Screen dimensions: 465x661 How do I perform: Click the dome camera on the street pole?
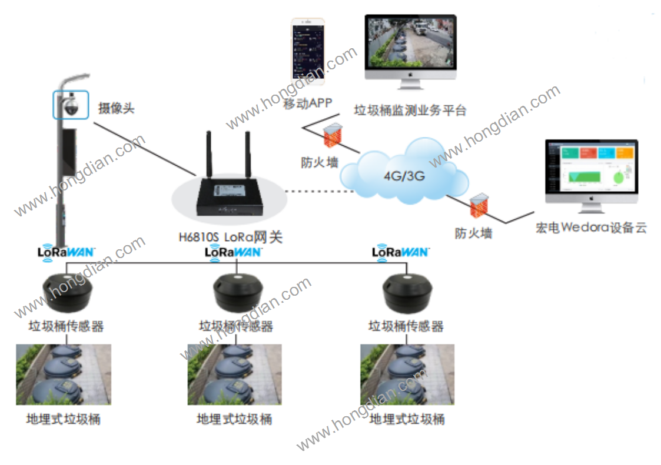coord(71,105)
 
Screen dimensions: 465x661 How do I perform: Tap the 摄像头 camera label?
coord(116,108)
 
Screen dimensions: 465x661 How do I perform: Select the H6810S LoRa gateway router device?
coord(228,198)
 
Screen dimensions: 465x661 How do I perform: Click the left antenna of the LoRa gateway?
coord(208,154)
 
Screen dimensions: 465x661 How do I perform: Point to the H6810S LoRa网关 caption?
coord(231,237)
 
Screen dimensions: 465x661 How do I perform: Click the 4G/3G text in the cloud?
coord(404,175)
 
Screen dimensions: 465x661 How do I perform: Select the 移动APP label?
coord(308,104)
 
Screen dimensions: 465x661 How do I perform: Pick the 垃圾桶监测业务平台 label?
coord(410,110)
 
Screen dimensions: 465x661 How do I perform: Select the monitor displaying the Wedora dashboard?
coord(591,171)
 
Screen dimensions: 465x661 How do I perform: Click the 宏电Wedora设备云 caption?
coord(591,228)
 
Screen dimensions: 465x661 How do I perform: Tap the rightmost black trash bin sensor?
coord(406,292)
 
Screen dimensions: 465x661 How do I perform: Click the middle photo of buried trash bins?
coord(234,374)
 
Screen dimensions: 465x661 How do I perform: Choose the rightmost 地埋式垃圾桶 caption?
coord(407,419)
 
